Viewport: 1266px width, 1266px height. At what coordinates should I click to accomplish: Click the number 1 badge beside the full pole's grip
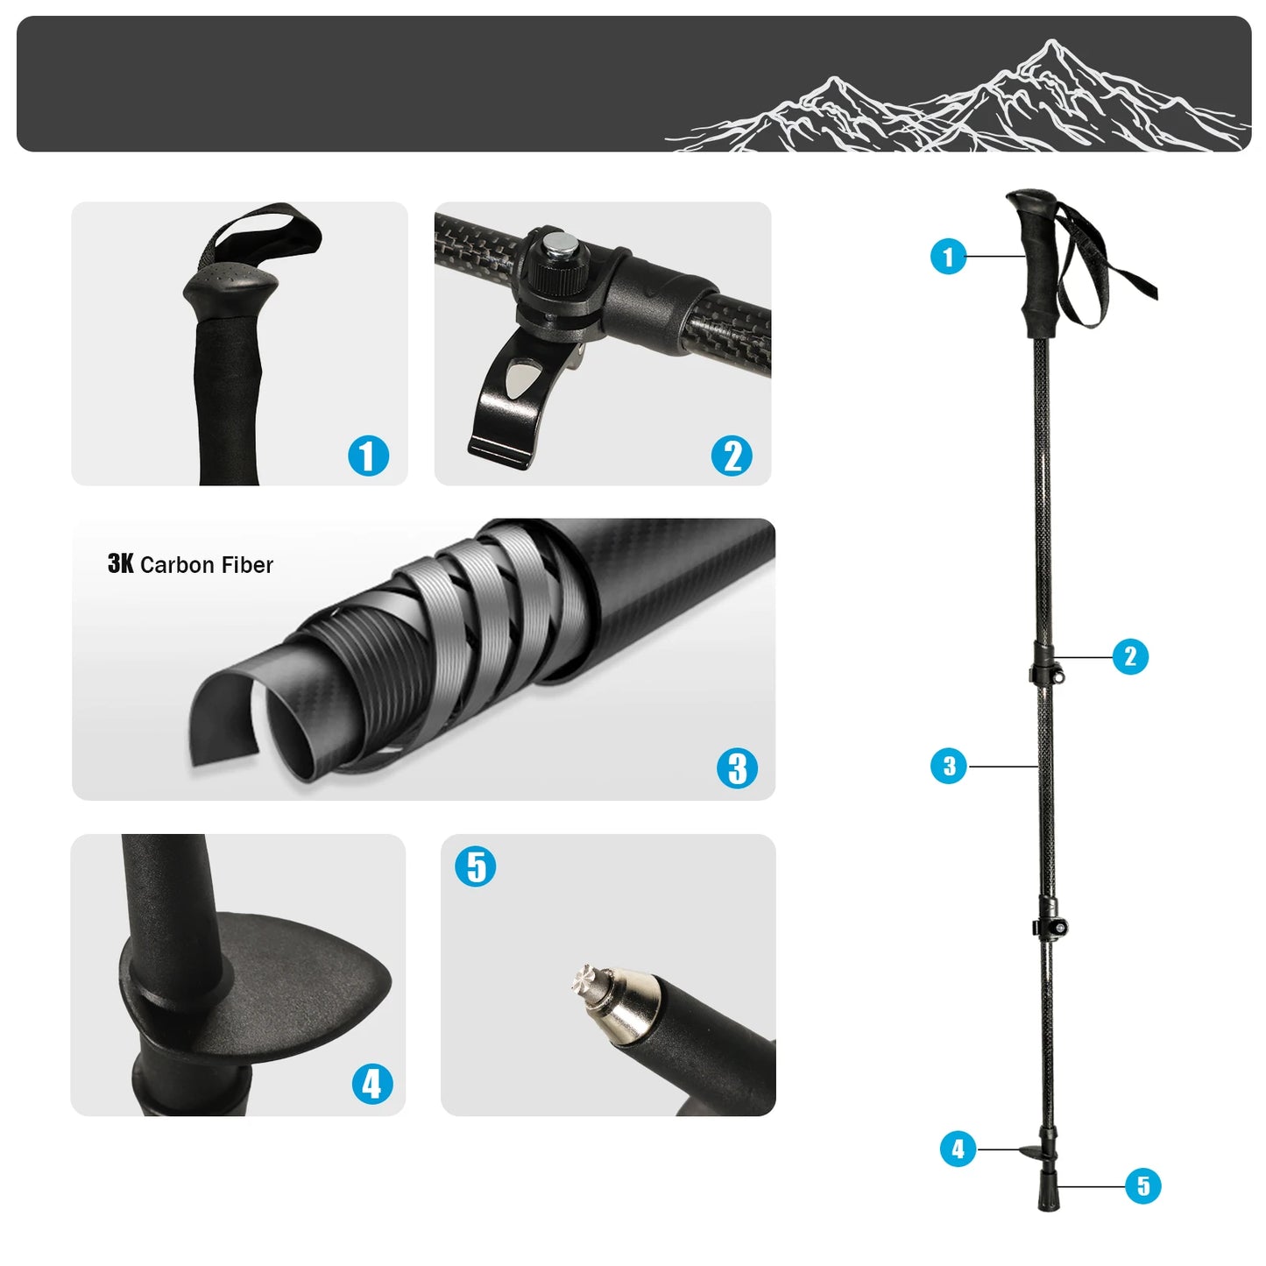(x=947, y=257)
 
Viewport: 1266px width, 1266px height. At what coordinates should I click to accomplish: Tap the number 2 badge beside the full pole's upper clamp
(x=1129, y=656)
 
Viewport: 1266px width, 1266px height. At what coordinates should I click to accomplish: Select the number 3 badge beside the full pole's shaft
(x=948, y=766)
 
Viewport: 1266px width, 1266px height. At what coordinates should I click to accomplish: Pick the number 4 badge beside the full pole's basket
(x=958, y=1149)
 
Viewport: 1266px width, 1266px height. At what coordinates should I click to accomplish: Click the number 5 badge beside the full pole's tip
(x=1142, y=1186)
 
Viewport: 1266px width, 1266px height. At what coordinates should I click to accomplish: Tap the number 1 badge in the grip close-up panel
(x=368, y=456)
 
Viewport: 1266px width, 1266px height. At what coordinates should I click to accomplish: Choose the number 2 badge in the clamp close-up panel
(x=732, y=456)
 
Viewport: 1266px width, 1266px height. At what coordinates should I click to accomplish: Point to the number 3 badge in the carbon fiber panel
(x=737, y=767)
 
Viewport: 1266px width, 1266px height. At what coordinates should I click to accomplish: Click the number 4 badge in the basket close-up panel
(x=371, y=1084)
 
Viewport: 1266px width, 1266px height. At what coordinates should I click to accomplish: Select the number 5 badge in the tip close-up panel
(x=476, y=866)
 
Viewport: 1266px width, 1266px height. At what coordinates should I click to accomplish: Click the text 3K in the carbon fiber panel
(x=120, y=564)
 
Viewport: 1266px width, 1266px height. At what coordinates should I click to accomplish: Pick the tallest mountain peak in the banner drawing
(x=1051, y=44)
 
